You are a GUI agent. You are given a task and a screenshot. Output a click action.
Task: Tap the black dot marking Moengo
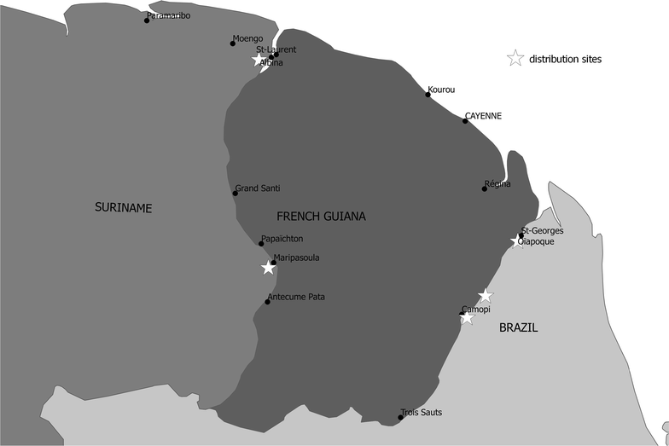pyautogui.click(x=232, y=43)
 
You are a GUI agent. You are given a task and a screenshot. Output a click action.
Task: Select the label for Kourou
pyautogui.click(x=441, y=89)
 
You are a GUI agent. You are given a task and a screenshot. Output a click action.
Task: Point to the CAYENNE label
pyautogui.click(x=483, y=115)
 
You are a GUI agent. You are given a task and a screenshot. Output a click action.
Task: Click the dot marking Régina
pyautogui.click(x=484, y=188)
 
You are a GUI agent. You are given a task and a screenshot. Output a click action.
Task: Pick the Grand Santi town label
pyautogui.click(x=258, y=188)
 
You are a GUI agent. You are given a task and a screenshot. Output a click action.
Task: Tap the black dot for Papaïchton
pyautogui.click(x=261, y=244)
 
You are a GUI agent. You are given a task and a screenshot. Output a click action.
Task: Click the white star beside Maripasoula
pyautogui.click(x=268, y=268)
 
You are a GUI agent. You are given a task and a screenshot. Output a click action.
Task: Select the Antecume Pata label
pyautogui.click(x=296, y=297)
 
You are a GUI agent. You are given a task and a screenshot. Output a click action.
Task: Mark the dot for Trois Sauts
pyautogui.click(x=401, y=417)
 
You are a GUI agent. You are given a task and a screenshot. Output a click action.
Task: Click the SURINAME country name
pyautogui.click(x=123, y=207)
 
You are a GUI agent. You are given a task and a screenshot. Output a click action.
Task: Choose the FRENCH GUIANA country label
pyautogui.click(x=321, y=217)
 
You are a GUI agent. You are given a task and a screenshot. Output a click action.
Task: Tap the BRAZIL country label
pyautogui.click(x=518, y=327)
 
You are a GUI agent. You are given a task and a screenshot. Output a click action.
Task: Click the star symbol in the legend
pyautogui.click(x=515, y=59)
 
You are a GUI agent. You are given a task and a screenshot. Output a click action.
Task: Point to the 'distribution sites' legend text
pyautogui.click(x=565, y=60)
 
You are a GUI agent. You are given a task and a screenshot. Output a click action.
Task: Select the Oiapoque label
pyautogui.click(x=538, y=241)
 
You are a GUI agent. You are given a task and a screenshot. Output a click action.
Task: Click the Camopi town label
pyautogui.click(x=475, y=309)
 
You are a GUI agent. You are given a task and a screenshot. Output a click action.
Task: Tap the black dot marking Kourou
pyautogui.click(x=428, y=95)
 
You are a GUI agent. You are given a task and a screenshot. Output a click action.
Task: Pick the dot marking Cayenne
pyautogui.click(x=465, y=121)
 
